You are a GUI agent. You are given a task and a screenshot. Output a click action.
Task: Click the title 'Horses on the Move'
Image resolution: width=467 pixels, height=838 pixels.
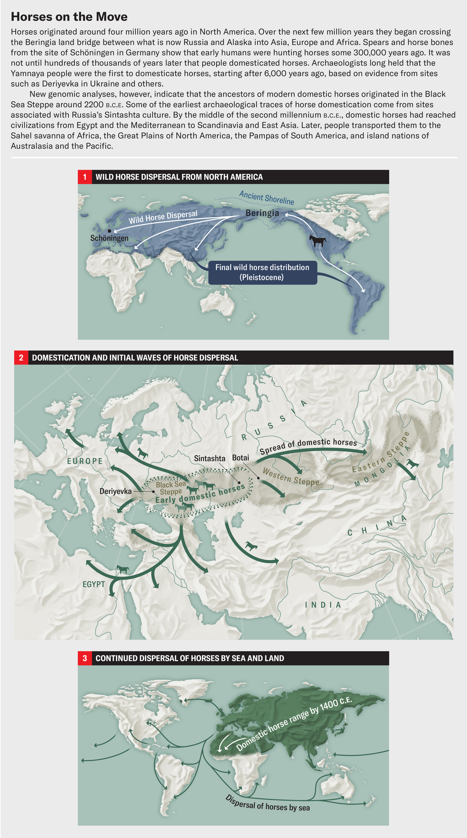[x=69, y=17]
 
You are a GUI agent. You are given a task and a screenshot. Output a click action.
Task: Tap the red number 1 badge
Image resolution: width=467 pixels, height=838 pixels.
[x=85, y=177]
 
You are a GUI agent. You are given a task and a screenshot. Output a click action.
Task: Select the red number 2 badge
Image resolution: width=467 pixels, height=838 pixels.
[x=21, y=358]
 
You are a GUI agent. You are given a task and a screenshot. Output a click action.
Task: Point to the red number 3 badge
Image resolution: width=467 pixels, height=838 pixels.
[x=85, y=658]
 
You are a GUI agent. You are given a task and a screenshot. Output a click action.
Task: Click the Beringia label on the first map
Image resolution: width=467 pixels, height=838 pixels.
[x=262, y=213]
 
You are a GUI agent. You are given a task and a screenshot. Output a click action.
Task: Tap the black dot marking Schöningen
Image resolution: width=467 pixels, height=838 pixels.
[x=109, y=231]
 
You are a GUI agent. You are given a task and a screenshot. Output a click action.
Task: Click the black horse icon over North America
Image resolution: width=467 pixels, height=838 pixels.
[x=317, y=241]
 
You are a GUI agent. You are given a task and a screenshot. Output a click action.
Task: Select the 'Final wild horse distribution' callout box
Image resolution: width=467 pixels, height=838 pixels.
[x=262, y=272]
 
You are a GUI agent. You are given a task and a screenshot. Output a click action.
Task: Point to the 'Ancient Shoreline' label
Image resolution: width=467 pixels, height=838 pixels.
[x=267, y=198]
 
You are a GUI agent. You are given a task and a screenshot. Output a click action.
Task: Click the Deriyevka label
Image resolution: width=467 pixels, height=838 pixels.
[x=115, y=491]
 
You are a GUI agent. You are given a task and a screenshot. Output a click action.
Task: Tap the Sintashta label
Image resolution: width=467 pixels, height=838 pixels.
[x=210, y=458]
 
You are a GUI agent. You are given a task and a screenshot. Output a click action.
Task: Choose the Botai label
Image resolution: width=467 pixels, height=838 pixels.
[x=241, y=458]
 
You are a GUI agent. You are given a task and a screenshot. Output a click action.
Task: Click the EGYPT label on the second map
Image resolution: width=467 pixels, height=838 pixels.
[x=93, y=584]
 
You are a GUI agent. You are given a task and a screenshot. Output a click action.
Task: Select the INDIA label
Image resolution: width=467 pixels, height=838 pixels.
[x=323, y=605]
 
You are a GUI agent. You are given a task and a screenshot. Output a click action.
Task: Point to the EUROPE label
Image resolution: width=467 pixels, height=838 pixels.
[x=85, y=461]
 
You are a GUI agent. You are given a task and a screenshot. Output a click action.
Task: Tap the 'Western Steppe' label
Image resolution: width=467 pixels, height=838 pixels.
[x=290, y=477]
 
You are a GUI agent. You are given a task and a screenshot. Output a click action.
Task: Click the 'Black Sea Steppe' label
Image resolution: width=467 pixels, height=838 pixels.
[x=170, y=488]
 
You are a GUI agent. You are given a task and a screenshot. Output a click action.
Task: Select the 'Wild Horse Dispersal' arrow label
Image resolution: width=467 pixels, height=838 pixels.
[x=163, y=217]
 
